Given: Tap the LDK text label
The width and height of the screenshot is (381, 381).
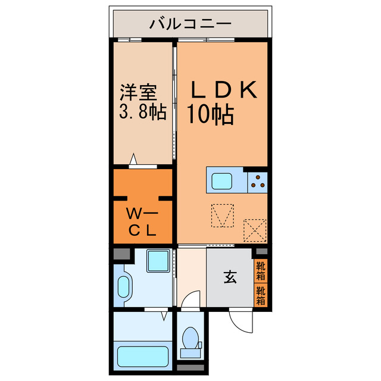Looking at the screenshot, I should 223,90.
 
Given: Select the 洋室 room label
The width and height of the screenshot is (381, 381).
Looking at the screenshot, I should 139,93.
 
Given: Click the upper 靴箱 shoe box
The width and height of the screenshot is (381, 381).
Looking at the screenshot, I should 261,270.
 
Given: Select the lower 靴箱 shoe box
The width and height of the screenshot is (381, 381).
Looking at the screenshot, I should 261,295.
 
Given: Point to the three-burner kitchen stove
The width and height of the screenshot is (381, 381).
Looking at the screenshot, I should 257,180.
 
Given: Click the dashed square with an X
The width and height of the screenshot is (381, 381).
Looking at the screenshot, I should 255,229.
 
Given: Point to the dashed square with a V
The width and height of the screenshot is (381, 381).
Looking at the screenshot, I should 223,215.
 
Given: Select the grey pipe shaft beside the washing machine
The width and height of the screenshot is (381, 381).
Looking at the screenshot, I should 121,254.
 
